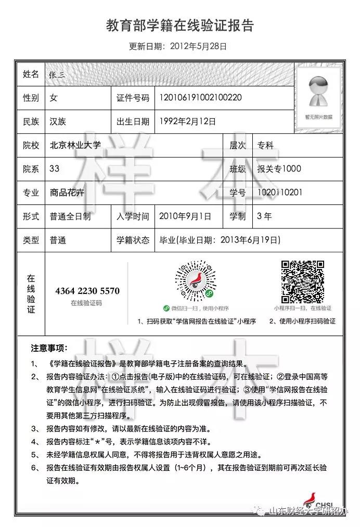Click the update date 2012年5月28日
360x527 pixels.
click(198, 46)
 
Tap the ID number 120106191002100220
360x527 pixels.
click(200, 97)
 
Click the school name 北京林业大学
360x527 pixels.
click(75, 146)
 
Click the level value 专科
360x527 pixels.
click(265, 146)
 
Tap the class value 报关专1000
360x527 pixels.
click(279, 169)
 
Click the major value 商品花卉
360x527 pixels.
click(67, 192)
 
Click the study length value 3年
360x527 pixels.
click(264, 216)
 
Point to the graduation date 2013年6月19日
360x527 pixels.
click(250, 240)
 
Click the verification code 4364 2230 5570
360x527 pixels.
click(87, 291)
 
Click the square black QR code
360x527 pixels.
click(303, 281)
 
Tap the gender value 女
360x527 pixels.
click(54, 98)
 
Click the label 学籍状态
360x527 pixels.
click(133, 240)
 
